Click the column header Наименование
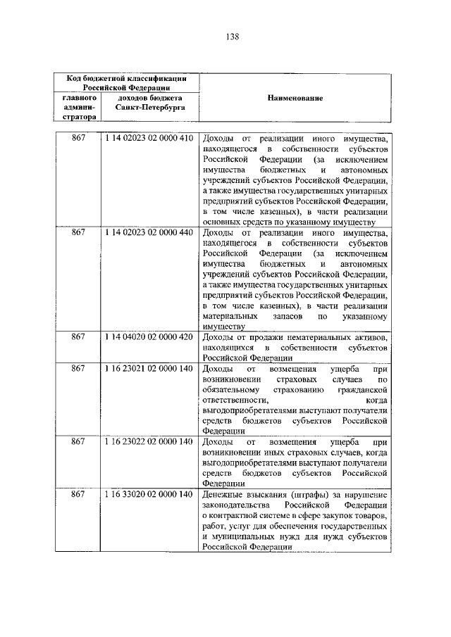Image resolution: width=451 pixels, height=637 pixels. [x=295, y=99]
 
